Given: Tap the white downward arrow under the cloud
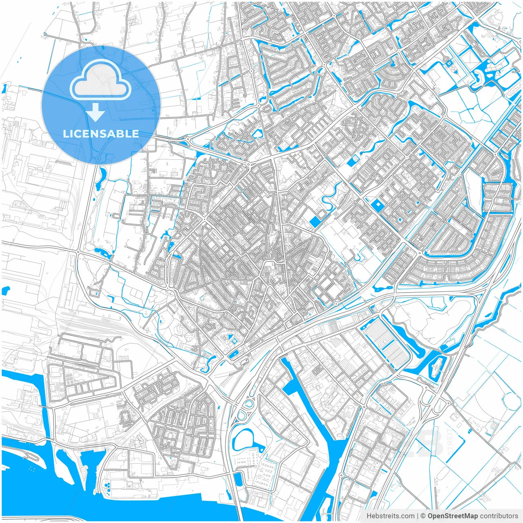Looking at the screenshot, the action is click(x=96, y=112).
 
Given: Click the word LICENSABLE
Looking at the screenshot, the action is click(x=101, y=134).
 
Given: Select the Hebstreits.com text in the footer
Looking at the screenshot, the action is click(x=390, y=516).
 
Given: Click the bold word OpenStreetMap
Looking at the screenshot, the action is click(x=452, y=516).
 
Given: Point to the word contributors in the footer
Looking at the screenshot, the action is click(x=499, y=516).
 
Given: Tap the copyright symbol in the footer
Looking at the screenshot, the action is click(x=423, y=516).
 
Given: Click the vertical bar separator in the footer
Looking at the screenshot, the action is click(x=418, y=516).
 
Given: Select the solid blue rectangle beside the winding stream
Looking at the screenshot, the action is click(x=315, y=222).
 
